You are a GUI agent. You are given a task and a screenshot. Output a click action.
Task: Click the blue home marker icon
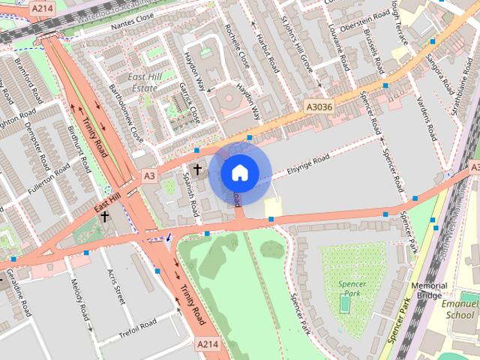click(x=238, y=172)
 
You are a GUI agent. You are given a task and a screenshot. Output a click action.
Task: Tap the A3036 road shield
click(x=318, y=108)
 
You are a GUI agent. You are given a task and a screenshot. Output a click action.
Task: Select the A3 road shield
click(x=149, y=175)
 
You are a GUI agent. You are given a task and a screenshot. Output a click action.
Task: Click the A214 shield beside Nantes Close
click(x=42, y=8)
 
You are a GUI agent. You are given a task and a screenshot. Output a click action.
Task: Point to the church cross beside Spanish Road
click(x=197, y=170)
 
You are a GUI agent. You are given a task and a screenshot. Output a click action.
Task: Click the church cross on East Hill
click(x=105, y=217)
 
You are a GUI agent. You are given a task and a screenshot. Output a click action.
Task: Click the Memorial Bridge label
click(x=429, y=290)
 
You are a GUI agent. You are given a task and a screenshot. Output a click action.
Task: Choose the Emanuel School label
click(x=459, y=310)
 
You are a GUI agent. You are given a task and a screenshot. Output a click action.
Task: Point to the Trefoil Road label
click(x=137, y=328)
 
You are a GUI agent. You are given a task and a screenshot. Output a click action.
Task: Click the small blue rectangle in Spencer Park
click(x=344, y=305)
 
